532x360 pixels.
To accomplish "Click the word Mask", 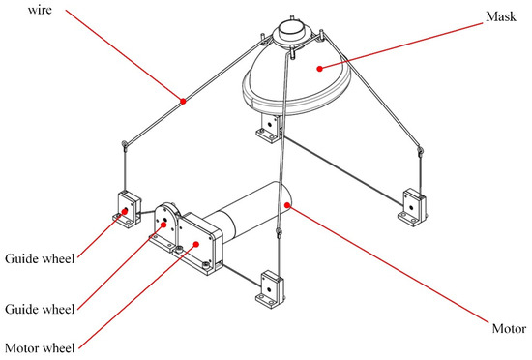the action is [x=501, y=16].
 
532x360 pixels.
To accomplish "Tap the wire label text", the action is [x=40, y=10].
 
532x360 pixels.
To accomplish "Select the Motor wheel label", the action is [x=40, y=348].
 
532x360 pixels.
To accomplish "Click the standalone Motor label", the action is [x=509, y=328].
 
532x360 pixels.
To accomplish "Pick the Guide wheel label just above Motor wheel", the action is [x=40, y=309].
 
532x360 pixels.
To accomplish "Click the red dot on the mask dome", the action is [x=319, y=69].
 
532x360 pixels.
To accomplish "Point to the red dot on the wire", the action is [x=183, y=101].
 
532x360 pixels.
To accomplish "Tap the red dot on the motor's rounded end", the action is [x=287, y=205].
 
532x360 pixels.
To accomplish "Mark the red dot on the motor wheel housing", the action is [x=195, y=244].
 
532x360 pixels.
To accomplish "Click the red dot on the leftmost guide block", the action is [x=125, y=211].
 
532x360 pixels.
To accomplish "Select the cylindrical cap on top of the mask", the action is [x=291, y=28].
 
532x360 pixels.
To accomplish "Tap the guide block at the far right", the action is [x=412, y=208].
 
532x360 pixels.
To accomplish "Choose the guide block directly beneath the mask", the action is [x=270, y=129].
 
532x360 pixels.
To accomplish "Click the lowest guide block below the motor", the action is [x=270, y=289].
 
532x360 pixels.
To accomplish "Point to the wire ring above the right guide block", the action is [x=420, y=151].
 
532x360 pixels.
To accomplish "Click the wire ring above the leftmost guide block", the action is [x=125, y=145].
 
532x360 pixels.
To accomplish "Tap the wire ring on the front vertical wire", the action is [x=279, y=233].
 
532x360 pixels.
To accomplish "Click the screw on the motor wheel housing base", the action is [x=179, y=250].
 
